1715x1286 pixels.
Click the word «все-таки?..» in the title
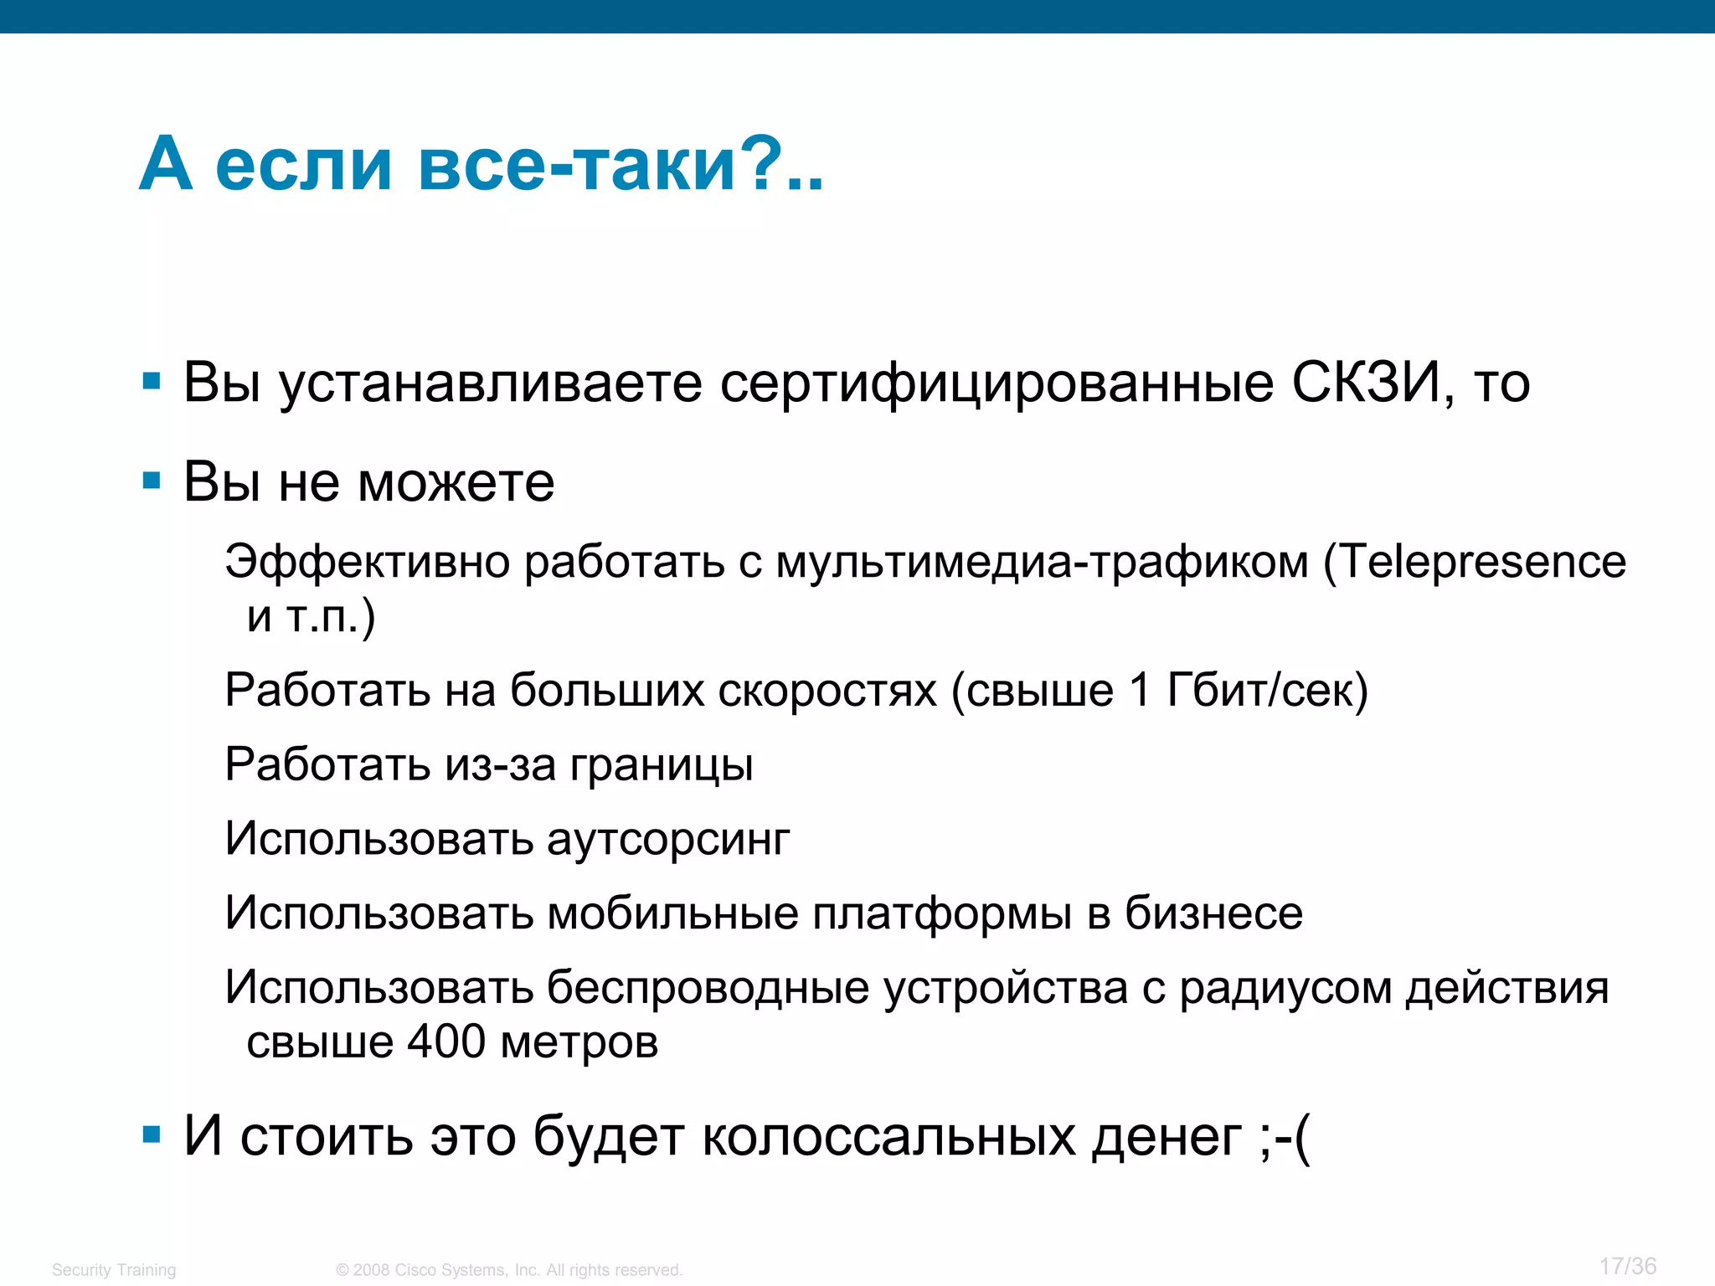pyautogui.click(x=621, y=163)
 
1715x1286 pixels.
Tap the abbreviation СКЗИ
pyautogui.click(x=1365, y=383)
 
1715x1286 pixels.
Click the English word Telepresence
pyautogui.click(x=1483, y=561)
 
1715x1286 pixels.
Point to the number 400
pyautogui.click(x=446, y=1042)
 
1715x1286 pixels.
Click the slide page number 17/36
pyautogui.click(x=1627, y=1266)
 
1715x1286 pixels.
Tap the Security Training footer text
pyautogui.click(x=114, y=1270)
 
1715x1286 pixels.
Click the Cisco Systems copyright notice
pyautogui.click(x=509, y=1270)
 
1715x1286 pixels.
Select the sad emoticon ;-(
pyautogui.click(x=1284, y=1137)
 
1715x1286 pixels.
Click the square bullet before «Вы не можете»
pyautogui.click(x=152, y=481)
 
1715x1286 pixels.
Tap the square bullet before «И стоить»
pyautogui.click(x=152, y=1135)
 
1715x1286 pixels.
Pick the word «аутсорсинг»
pyautogui.click(x=668, y=839)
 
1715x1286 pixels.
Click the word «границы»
pyautogui.click(x=662, y=765)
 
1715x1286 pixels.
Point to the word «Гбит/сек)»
pyautogui.click(x=1267, y=691)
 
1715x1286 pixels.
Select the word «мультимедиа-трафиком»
pyautogui.click(x=1042, y=562)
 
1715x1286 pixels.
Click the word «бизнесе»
pyautogui.click(x=1213, y=913)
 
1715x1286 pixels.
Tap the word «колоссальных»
pyautogui.click(x=888, y=1137)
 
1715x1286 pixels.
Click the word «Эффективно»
pyautogui.click(x=367, y=562)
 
